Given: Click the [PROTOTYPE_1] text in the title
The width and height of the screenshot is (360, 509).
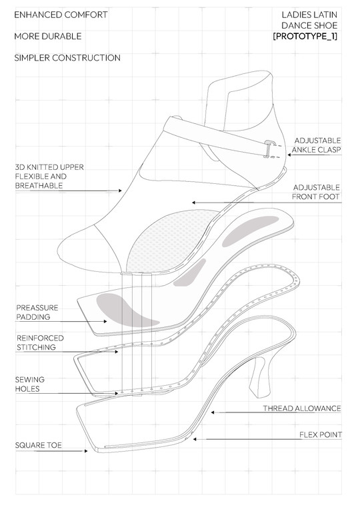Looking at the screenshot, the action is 305,36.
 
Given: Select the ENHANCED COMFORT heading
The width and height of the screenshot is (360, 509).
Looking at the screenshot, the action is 61,15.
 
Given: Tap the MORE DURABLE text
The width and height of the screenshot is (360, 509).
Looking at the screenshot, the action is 48,36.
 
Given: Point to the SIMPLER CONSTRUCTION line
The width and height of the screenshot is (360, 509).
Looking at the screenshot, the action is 67,58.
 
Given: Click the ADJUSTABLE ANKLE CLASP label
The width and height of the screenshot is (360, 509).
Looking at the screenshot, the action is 316,145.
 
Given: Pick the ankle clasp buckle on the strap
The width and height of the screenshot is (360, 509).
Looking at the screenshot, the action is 268,149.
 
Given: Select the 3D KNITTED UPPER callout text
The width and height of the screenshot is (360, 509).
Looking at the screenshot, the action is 49,177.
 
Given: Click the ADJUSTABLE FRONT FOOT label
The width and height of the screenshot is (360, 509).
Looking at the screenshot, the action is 316,192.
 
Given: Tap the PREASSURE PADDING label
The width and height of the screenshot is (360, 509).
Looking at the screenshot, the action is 37,312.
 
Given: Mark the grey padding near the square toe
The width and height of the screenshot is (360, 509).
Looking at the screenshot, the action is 125,310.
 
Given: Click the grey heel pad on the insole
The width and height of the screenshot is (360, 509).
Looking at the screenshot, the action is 250,231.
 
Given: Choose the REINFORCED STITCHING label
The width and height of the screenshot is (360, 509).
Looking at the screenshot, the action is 40,342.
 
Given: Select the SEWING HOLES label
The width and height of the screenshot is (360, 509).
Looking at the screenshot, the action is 29,384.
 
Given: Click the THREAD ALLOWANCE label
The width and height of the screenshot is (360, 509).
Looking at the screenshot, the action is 302,408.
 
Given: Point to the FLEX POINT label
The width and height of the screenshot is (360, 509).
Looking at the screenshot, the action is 321,434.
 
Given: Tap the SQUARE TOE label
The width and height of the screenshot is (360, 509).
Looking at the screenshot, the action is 39,445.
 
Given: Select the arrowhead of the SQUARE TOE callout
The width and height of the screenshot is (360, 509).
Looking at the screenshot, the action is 86,451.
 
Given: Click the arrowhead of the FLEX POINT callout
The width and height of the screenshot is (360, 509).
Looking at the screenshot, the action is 195,439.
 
